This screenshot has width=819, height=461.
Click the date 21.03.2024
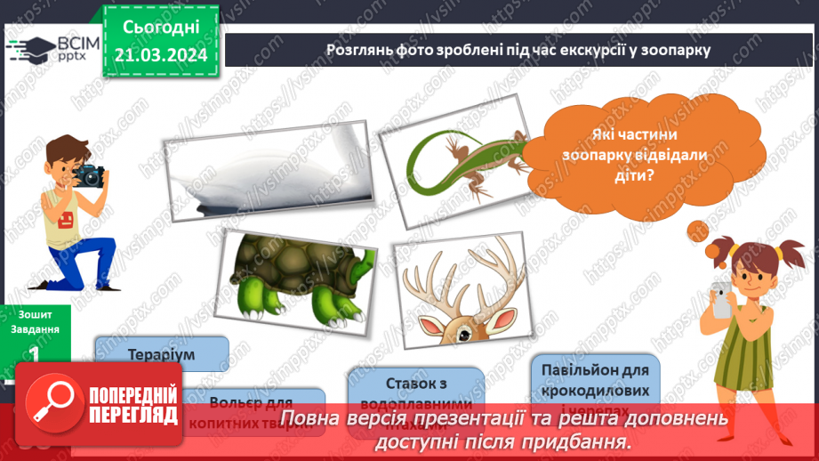pos(161,54)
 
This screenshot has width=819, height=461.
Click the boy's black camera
pos(89,174)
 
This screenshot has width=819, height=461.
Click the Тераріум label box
pos(161,352)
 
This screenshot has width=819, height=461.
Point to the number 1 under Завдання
pos(35,353)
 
